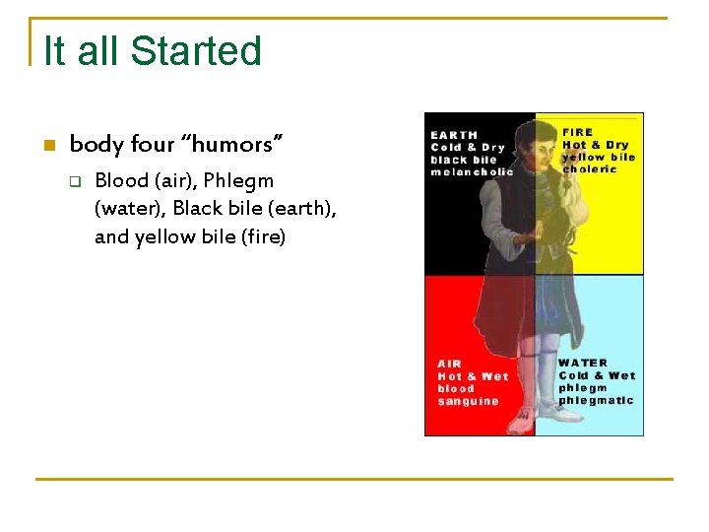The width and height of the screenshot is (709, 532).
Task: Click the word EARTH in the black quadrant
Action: pyautogui.click(x=454, y=135)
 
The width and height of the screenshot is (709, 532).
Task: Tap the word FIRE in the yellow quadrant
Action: pyautogui.click(x=578, y=132)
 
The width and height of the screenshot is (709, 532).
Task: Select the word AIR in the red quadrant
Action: pyautogui.click(x=450, y=364)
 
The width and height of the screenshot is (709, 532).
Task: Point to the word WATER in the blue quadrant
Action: pyautogui.click(x=583, y=363)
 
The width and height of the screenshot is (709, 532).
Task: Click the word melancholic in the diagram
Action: pyautogui.click(x=472, y=172)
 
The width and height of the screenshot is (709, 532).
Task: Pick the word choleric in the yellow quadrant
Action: pyautogui.click(x=590, y=169)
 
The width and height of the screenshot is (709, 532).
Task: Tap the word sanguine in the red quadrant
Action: pyautogui.click(x=468, y=402)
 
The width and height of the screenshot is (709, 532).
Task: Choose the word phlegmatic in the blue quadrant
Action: pyautogui.click(x=597, y=401)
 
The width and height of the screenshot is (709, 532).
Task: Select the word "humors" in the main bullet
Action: pyautogui.click(x=233, y=145)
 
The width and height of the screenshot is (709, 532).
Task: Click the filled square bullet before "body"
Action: pyautogui.click(x=47, y=146)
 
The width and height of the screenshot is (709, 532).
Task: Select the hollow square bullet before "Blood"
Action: pyautogui.click(x=73, y=181)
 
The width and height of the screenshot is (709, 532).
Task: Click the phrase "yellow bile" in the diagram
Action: pyautogui.click(x=598, y=157)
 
